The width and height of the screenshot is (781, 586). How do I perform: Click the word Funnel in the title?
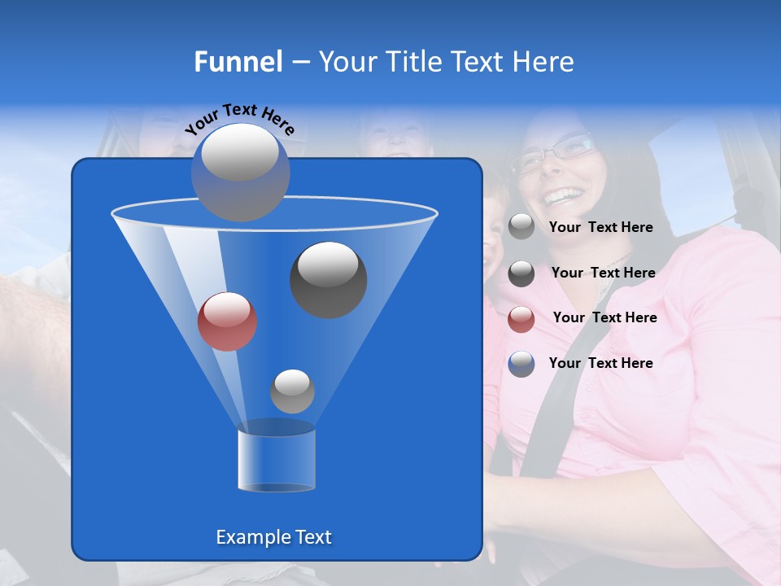tap(238, 62)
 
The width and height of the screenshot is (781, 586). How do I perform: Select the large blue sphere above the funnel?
tap(241, 172)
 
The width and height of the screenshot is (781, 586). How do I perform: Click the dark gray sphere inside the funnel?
tap(329, 279)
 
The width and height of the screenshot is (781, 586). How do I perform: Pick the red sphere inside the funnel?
tap(228, 321)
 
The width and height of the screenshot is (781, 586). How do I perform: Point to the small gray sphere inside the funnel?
tap(292, 391)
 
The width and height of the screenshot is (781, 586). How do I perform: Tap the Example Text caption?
tap(273, 537)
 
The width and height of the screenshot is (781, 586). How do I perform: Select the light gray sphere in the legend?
tap(521, 227)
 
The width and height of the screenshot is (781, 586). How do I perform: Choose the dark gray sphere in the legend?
tap(521, 273)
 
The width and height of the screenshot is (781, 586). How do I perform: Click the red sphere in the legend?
tap(521, 319)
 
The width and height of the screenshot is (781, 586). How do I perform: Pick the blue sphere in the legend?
tap(521, 364)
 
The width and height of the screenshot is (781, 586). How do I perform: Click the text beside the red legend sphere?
tap(604, 317)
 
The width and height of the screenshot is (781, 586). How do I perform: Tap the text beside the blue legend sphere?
tap(600, 363)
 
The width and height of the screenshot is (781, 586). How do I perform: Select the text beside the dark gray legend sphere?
tap(603, 273)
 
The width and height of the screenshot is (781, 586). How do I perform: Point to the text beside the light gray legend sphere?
tap(600, 227)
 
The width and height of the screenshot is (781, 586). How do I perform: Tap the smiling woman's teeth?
tap(564, 195)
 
